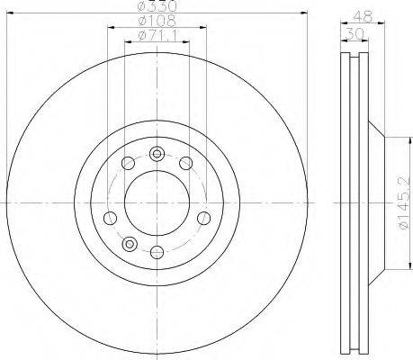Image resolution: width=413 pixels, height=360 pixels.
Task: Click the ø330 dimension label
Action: [x=157, y=6]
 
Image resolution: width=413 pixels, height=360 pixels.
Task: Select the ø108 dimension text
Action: [x=157, y=21]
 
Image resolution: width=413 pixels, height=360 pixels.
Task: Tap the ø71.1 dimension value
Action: [x=157, y=36]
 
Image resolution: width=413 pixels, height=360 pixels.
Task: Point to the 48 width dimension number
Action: [x=364, y=16]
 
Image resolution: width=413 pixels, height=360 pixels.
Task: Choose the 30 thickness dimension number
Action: [x=355, y=33]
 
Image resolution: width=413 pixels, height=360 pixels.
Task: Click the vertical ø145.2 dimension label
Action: [x=404, y=202]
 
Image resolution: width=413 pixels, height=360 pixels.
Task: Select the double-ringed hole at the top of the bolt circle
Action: [x=157, y=154]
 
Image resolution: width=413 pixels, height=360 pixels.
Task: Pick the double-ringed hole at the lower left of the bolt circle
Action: [x=130, y=243]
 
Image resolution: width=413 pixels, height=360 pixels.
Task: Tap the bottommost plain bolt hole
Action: [x=157, y=252]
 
